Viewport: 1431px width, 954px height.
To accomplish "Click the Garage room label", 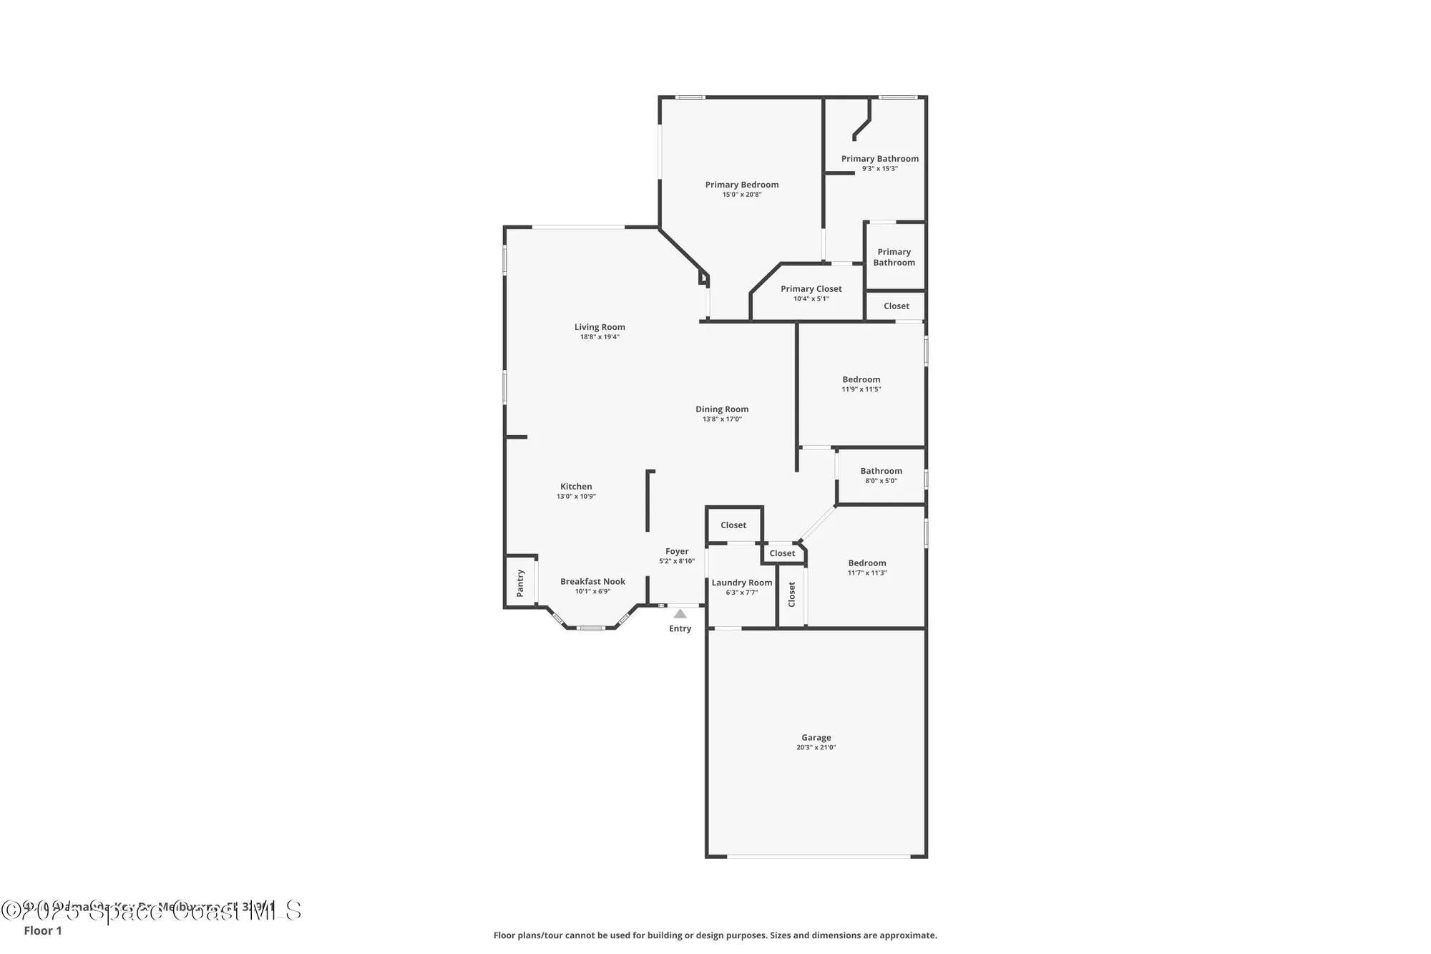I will [x=816, y=737].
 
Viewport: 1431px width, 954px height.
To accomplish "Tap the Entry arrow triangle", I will [x=680, y=614].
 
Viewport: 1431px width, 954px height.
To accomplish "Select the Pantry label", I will [x=520, y=583].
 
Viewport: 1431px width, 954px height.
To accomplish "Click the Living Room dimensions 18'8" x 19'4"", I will [x=600, y=337].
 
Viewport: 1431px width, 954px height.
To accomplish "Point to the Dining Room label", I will [x=722, y=409].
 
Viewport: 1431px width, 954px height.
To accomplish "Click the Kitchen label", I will [x=576, y=487].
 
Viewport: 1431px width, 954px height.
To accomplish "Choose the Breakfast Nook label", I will [x=592, y=582].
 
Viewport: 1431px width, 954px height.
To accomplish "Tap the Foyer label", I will [x=677, y=551].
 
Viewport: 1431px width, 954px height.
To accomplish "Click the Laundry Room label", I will [x=742, y=583].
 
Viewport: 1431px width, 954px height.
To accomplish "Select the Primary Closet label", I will [x=811, y=289].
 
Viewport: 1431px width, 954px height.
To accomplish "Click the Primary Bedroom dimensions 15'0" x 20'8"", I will [x=742, y=195].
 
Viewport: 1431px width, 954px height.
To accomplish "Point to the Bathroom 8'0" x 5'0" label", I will [x=881, y=471].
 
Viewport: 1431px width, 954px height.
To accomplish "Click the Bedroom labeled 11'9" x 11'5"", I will [x=861, y=380].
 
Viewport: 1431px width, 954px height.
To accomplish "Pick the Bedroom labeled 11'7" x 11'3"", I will [x=866, y=563].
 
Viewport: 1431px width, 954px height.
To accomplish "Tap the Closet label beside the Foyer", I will [x=733, y=525].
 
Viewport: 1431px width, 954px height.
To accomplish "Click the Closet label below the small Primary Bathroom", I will [x=896, y=306].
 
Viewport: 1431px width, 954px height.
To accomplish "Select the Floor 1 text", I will [x=43, y=930].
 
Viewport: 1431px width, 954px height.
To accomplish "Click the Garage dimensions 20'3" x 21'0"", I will [x=816, y=747].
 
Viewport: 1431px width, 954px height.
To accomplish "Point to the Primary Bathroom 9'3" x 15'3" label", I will [x=879, y=159].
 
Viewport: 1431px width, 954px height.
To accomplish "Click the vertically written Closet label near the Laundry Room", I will [x=791, y=594].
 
